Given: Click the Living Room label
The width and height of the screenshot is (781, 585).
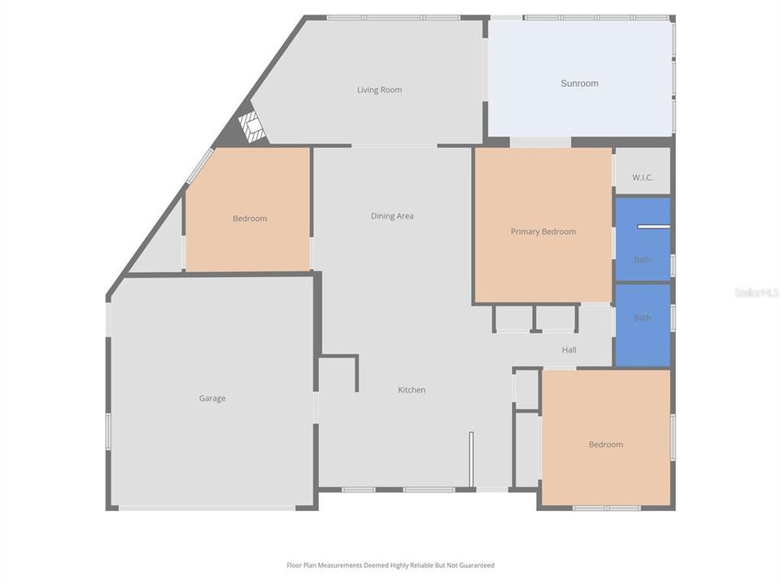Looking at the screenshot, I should click(x=379, y=90).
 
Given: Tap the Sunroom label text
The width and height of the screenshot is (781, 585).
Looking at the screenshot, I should click(x=579, y=84).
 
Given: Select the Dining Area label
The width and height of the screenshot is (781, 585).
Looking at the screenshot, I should click(x=392, y=216).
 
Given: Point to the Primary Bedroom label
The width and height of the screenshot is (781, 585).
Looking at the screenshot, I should click(x=543, y=232).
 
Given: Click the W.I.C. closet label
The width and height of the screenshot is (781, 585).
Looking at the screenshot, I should click(x=643, y=177).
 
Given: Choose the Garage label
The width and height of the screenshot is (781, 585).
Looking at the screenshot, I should click(x=212, y=398).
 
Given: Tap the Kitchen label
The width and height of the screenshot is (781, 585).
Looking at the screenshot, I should click(x=412, y=390).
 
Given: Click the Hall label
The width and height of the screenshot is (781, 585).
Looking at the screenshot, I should click(x=569, y=350).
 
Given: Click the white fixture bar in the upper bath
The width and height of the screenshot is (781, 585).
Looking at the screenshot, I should click(x=652, y=227).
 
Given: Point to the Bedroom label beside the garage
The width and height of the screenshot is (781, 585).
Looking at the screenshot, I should click(x=250, y=219).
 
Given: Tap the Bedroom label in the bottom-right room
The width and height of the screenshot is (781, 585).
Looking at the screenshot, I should click(x=606, y=444).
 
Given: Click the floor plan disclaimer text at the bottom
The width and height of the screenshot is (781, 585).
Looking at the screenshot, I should click(x=390, y=565).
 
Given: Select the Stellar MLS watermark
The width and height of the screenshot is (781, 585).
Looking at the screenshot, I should click(x=756, y=292).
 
